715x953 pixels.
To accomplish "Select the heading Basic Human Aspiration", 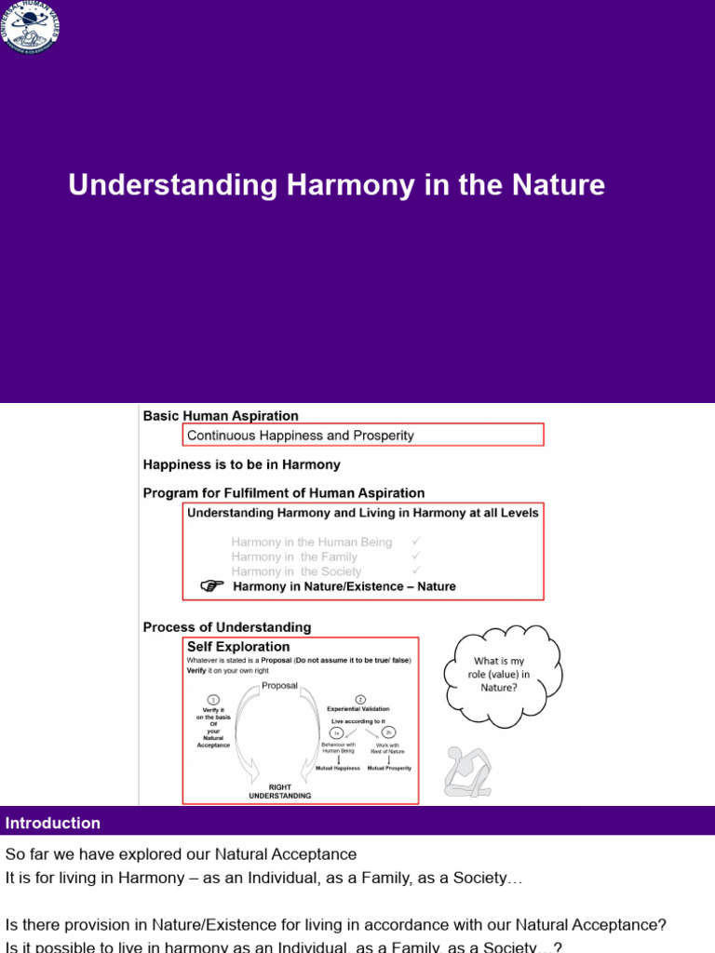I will pyautogui.click(x=221, y=416).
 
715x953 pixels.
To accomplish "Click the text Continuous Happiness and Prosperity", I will pyautogui.click(x=301, y=435).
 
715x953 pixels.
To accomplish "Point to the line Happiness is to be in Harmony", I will pyautogui.click(x=241, y=464).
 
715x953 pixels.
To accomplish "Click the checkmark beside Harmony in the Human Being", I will pyautogui.click(x=416, y=541).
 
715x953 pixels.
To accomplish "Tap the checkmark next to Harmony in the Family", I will pyautogui.click(x=416, y=556).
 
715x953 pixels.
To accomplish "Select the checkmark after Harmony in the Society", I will pyautogui.click(x=416, y=570).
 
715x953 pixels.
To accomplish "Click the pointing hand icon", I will pyautogui.click(x=213, y=585).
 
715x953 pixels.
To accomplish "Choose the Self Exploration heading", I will pyautogui.click(x=238, y=647).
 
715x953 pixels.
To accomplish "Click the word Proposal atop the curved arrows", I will pyautogui.click(x=279, y=686).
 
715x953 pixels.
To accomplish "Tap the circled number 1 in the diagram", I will pyautogui.click(x=213, y=700).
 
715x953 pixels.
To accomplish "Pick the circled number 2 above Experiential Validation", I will pyautogui.click(x=360, y=698).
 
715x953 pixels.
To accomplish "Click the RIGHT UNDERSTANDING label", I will pyautogui.click(x=279, y=791).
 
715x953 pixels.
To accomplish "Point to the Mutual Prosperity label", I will pyautogui.click(x=389, y=769).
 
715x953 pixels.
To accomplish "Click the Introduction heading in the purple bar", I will pyautogui.click(x=53, y=823).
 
